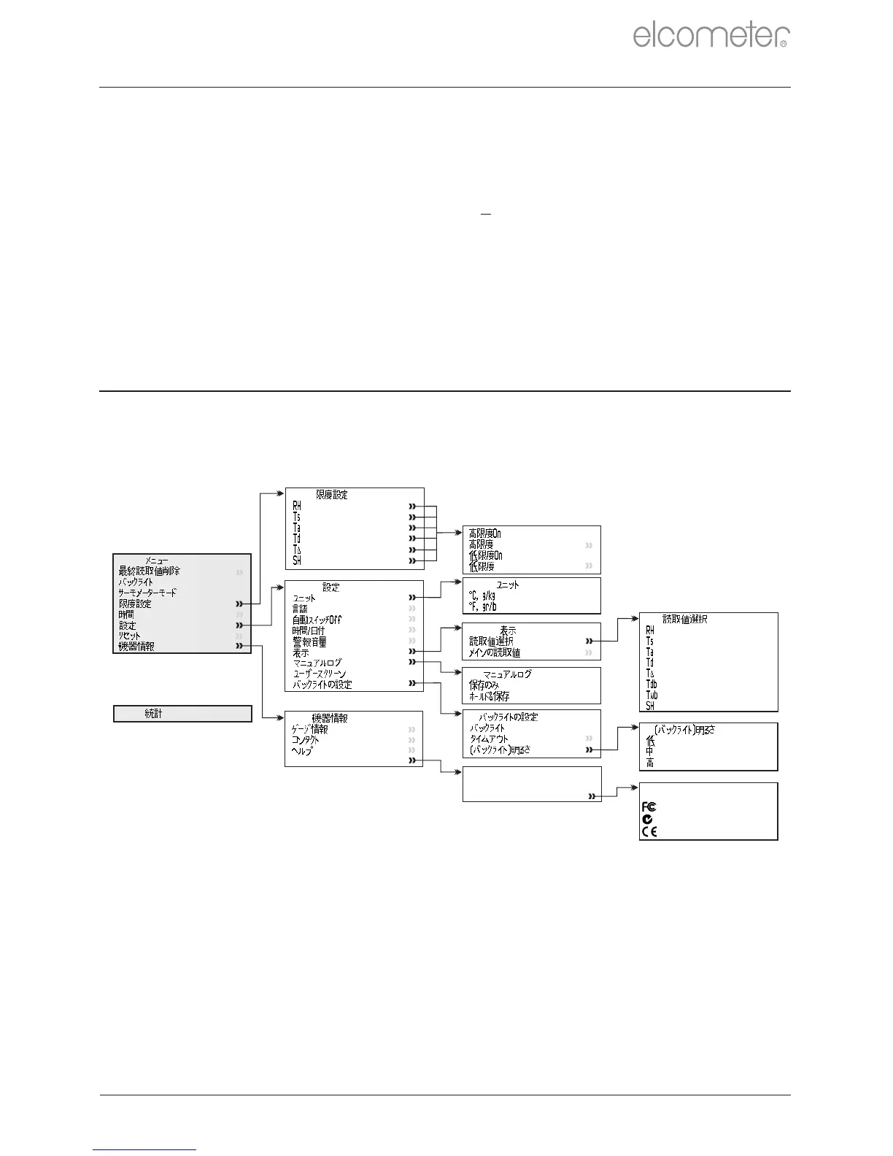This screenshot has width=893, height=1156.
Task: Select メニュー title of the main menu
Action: pyautogui.click(x=156, y=560)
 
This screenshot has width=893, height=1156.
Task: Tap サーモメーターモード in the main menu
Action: pyautogui.click(x=147, y=593)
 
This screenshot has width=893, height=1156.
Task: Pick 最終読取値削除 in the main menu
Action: pyautogui.click(x=149, y=571)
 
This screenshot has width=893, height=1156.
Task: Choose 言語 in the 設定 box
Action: pyautogui.click(x=300, y=609)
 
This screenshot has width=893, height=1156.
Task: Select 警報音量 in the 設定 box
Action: pyautogui.click(x=309, y=641)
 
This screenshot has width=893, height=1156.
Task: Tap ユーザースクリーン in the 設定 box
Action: pyautogui.click(x=319, y=674)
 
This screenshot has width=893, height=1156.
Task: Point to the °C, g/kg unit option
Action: pyautogui.click(x=482, y=596)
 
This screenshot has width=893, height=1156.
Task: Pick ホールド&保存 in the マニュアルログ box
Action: pyautogui.click(x=489, y=696)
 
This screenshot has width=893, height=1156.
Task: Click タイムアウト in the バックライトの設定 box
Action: pyautogui.click(x=489, y=739)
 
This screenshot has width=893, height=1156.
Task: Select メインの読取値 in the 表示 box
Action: pyautogui.click(x=494, y=652)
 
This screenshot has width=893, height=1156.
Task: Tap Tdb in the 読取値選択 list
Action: pyautogui.click(x=651, y=685)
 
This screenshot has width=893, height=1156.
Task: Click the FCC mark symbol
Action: pyautogui.click(x=649, y=806)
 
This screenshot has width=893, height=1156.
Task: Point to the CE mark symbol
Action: pyautogui.click(x=649, y=831)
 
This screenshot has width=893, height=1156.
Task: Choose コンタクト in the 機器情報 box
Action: pyautogui.click(x=305, y=740)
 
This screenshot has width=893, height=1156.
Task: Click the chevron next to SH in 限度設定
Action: pyautogui.click(x=413, y=560)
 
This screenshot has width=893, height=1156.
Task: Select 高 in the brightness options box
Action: pyautogui.click(x=649, y=763)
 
